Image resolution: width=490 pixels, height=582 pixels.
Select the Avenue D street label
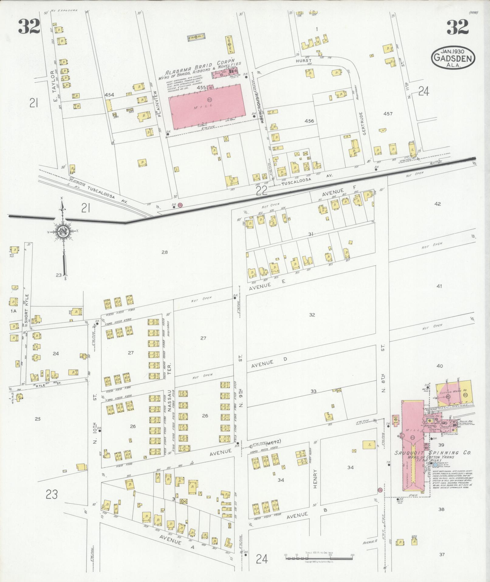point(269,363)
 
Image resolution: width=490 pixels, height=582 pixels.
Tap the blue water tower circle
point(435,465)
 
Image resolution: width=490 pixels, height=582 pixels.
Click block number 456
point(309,121)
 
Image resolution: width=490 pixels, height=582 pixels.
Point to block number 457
point(388,114)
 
